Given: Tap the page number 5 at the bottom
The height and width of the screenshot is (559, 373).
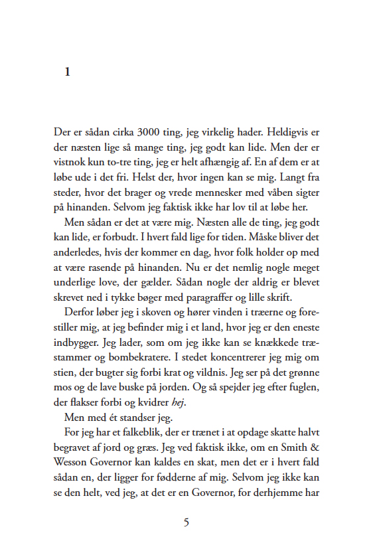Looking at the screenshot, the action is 186,522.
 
